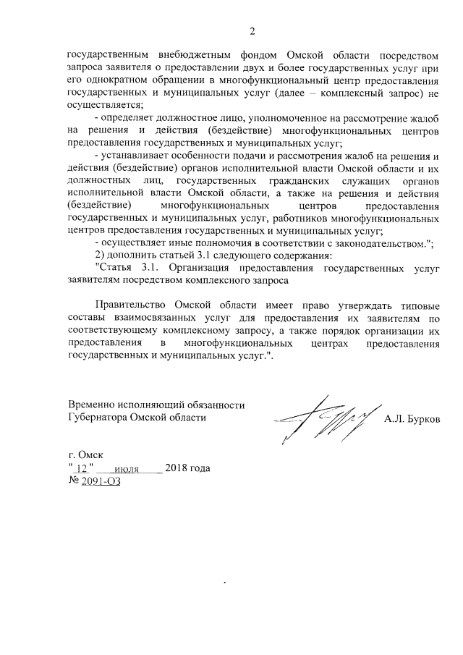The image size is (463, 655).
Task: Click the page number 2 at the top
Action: (x=252, y=31)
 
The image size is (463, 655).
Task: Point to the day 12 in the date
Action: (x=81, y=469)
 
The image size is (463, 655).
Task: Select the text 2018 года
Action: (x=187, y=469)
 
